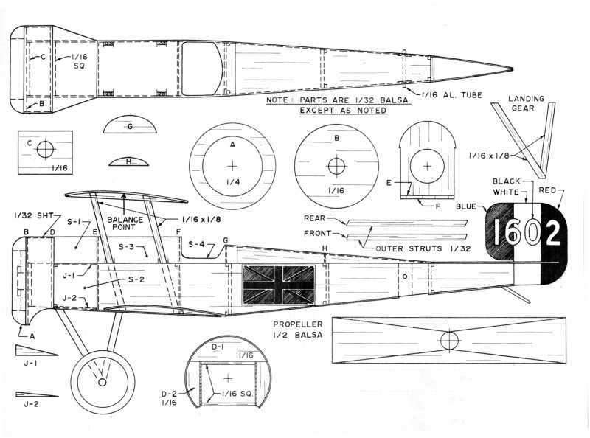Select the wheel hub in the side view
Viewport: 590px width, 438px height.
pyautogui.click(x=102, y=382)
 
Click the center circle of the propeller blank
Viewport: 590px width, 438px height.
pyautogui.click(x=448, y=341)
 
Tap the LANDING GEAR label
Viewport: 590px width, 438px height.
pyautogui.click(x=529, y=105)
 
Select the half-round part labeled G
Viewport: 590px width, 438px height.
pyautogui.click(x=129, y=126)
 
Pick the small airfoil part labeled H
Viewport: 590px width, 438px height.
pyautogui.click(x=129, y=161)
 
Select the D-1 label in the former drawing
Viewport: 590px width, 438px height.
pyautogui.click(x=217, y=345)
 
